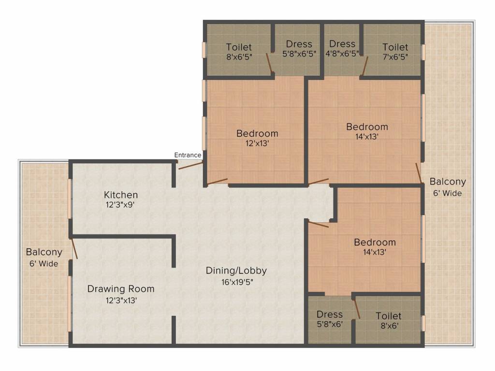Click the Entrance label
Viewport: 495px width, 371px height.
pyautogui.click(x=188, y=155)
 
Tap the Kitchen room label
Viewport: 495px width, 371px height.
pyautogui.click(x=121, y=195)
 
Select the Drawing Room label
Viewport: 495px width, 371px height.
pyautogui.click(x=121, y=289)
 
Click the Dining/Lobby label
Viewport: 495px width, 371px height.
pyautogui.click(x=236, y=271)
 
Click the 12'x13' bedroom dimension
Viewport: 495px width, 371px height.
pyautogui.click(x=257, y=143)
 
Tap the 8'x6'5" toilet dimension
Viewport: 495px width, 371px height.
pyautogui.click(x=239, y=57)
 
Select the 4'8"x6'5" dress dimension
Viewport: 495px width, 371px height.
pyautogui.click(x=342, y=54)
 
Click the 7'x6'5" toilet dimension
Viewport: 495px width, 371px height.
pyautogui.click(x=395, y=57)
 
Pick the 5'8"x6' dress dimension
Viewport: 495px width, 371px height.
pyautogui.click(x=330, y=324)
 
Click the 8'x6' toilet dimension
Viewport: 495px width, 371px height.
pyautogui.click(x=388, y=326)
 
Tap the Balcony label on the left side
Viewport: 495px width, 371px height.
pyautogui.click(x=44, y=252)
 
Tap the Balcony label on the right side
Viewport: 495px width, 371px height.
pyautogui.click(x=448, y=182)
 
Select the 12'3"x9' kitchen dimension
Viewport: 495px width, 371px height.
pyautogui.click(x=121, y=205)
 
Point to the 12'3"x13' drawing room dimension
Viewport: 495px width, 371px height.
pyautogui.click(x=121, y=300)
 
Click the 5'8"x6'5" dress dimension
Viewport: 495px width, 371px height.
pyautogui.click(x=299, y=54)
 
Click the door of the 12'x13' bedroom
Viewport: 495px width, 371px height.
pyautogui.click(x=216, y=182)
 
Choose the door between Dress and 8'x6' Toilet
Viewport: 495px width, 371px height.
pyautogui.click(x=357, y=308)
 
